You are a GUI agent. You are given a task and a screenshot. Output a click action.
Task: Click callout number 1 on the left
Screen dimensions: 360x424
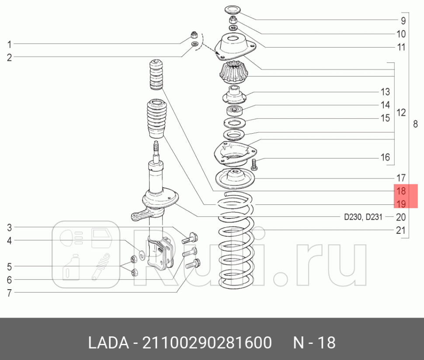[x=9, y=44]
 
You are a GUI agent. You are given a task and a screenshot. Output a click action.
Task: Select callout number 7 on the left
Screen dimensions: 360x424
[x=9, y=293]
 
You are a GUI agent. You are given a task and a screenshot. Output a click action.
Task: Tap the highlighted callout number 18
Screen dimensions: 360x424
[x=401, y=191]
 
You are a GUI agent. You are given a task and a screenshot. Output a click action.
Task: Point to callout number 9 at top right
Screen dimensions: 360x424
[x=401, y=21]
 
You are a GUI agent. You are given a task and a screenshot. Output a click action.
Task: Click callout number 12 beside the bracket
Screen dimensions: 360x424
[x=401, y=113]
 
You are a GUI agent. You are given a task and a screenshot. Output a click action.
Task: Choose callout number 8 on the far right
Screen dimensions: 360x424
[x=415, y=125]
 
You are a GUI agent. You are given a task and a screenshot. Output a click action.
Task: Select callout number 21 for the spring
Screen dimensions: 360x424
[x=401, y=231]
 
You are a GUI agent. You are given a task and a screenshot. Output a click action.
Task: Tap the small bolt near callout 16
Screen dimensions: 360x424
[x=255, y=165]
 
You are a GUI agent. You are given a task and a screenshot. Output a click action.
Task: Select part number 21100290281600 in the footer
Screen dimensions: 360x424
[x=205, y=342]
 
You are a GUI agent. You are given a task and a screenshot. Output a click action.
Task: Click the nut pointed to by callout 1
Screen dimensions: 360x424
[x=194, y=35]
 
